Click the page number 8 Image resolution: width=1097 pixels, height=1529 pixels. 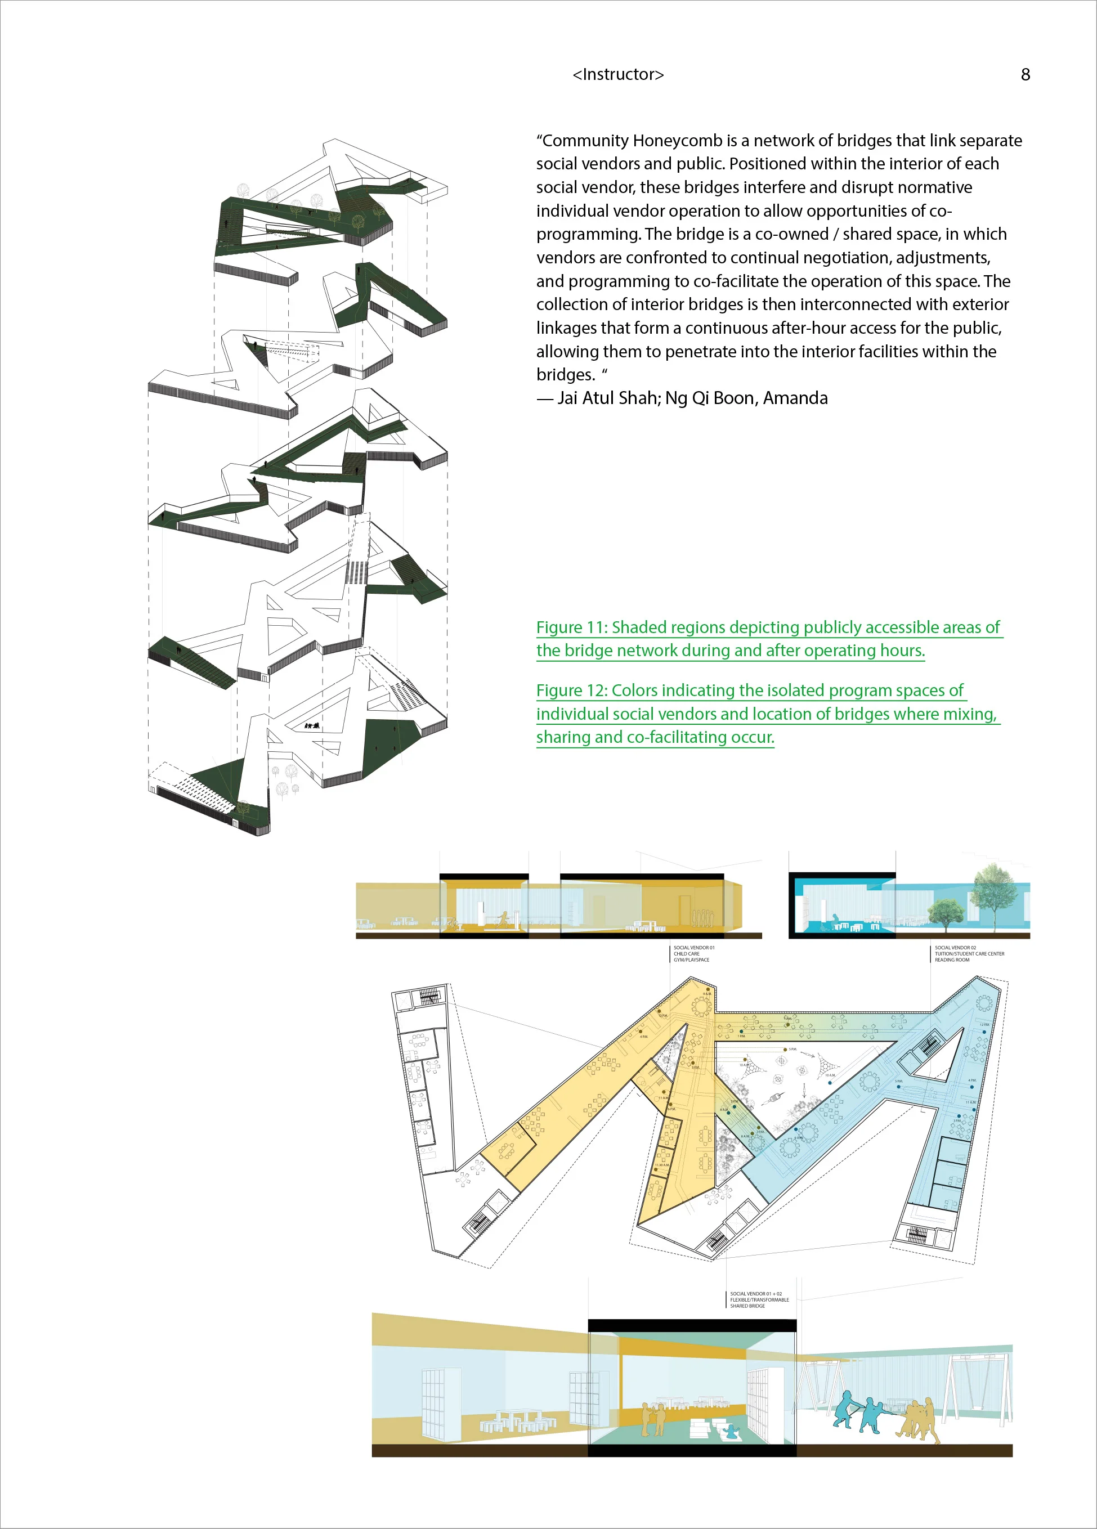click(x=1025, y=75)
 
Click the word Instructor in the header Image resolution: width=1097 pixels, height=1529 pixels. click(x=618, y=74)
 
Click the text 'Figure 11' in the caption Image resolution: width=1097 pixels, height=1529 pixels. click(x=571, y=627)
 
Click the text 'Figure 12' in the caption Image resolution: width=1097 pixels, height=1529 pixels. click(x=571, y=690)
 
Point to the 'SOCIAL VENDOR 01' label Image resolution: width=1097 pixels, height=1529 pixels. click(x=694, y=947)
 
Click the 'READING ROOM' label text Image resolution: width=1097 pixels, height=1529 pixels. click(x=951, y=960)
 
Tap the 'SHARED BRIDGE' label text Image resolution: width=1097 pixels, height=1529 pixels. click(x=747, y=1306)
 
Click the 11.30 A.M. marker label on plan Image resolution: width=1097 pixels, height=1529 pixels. click(x=661, y=1165)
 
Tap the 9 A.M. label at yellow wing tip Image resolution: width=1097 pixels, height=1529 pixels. click(x=706, y=994)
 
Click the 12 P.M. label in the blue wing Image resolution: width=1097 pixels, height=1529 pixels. click(x=984, y=1025)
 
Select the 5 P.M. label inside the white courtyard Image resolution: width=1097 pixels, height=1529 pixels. click(x=792, y=1049)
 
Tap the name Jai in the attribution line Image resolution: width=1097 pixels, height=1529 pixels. click(x=568, y=398)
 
